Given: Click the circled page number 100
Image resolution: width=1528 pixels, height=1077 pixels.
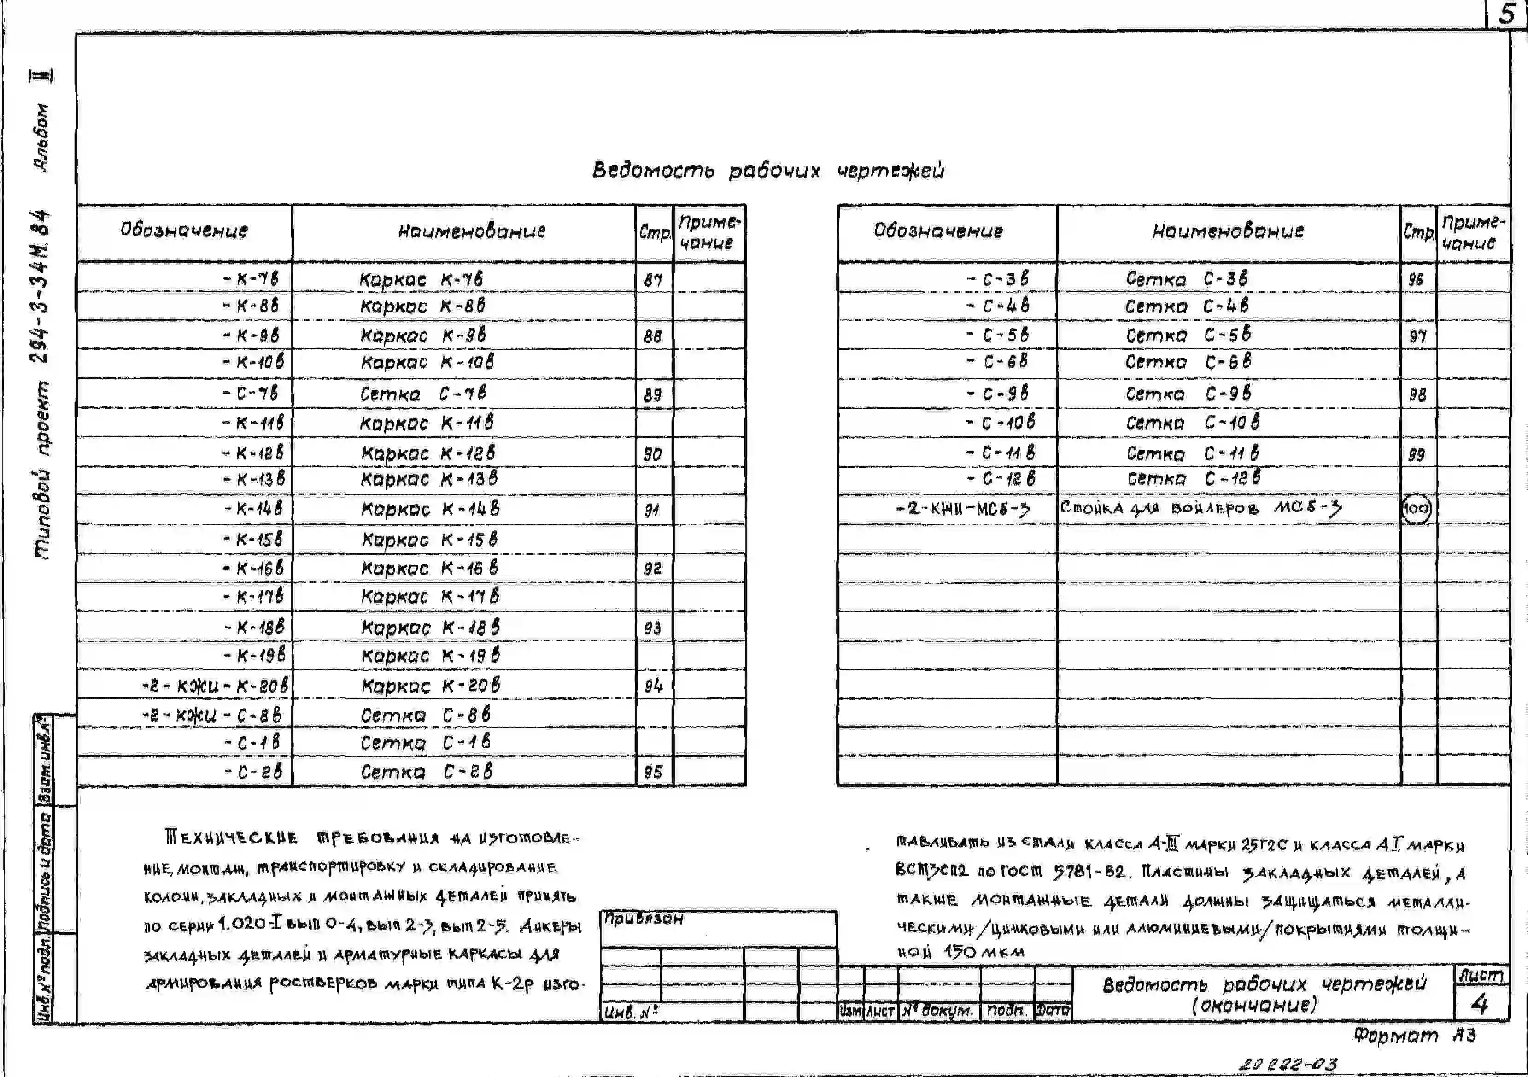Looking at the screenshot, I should point(1416,509).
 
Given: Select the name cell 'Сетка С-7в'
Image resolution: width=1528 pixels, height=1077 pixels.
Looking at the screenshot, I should point(423,394).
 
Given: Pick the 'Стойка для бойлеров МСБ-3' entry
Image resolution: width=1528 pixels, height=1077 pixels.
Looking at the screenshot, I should point(1200,508).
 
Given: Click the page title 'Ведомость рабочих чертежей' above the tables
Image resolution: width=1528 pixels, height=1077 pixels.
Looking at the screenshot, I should point(768,171).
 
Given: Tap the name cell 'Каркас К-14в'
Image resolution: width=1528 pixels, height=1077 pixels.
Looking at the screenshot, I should point(430,510).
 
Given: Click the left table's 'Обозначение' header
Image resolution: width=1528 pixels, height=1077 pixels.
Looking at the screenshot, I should point(184,230).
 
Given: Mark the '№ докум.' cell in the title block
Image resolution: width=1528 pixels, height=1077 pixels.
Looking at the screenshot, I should point(938,1011).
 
